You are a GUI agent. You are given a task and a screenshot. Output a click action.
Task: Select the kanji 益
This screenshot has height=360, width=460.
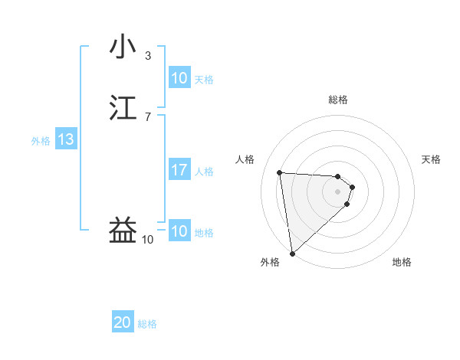point(123,231)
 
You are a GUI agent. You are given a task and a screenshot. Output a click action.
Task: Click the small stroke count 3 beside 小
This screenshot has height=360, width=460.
point(148,55)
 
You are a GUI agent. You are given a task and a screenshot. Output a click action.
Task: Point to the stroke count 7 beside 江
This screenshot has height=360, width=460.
point(148,116)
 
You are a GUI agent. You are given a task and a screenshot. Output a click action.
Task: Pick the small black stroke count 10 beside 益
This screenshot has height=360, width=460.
point(148,240)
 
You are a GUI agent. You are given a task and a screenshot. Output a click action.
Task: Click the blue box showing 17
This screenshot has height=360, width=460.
point(179,170)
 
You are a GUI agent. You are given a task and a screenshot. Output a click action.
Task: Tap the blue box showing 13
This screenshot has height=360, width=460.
point(66,139)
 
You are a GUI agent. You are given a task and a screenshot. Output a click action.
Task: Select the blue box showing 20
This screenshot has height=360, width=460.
point(123,323)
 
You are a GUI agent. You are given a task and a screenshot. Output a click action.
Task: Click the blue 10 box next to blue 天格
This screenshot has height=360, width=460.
point(179,78)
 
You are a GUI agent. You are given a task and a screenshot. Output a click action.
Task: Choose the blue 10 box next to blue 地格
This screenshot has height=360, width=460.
point(179,231)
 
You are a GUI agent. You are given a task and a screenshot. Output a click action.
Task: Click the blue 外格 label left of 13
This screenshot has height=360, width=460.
point(41,141)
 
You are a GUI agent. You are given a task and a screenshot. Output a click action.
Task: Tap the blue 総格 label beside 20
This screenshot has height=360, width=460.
point(147,325)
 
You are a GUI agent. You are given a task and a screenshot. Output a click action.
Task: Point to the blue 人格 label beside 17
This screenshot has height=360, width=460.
point(205,172)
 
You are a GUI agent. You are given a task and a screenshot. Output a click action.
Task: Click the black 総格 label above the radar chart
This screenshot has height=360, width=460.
point(338,100)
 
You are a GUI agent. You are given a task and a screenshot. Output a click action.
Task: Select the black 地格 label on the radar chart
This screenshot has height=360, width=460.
point(402,263)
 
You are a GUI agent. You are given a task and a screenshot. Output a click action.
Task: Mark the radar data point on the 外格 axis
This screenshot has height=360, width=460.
point(291,253)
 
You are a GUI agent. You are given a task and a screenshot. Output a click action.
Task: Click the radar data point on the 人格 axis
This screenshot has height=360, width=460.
point(280,172)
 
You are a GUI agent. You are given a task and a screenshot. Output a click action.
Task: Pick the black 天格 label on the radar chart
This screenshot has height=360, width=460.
point(431,159)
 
